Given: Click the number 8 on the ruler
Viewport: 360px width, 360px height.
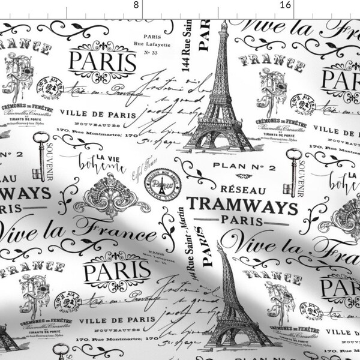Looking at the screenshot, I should click(x=137, y=4).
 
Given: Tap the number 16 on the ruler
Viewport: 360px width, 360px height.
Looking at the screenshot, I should click(x=286, y=4).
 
